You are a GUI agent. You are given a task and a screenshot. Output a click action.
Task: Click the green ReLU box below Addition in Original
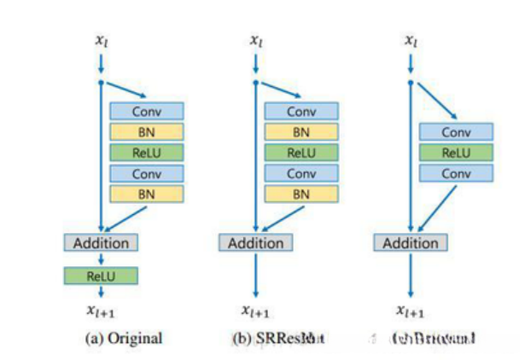click(101, 276)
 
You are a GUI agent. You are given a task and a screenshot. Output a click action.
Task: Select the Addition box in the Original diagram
click(101, 243)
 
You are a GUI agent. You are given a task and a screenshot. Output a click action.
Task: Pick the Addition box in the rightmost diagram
click(411, 243)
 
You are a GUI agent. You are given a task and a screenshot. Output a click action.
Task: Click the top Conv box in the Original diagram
click(146, 111)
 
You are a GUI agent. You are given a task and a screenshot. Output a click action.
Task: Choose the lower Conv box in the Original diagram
click(146, 173)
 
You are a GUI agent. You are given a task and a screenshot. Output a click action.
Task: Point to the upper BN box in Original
click(146, 131)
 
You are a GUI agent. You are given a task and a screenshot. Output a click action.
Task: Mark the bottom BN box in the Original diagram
click(146, 195)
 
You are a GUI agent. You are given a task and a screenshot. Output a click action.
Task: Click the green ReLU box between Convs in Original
click(146, 153)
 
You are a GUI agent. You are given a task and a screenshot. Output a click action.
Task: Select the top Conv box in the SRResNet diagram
click(301, 111)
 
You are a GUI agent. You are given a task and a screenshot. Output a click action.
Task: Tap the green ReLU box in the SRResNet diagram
click(301, 153)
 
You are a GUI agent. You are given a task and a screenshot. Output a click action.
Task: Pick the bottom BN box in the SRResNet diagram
click(301, 195)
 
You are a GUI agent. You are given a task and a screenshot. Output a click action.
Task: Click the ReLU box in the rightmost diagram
click(456, 153)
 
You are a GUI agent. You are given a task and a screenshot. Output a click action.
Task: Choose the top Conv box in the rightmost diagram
click(456, 132)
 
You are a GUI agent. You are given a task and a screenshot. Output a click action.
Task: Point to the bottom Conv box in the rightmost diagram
click(456, 173)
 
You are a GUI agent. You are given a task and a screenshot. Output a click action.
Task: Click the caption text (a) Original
click(124, 339)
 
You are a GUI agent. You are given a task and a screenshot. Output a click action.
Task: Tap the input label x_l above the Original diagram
click(101, 40)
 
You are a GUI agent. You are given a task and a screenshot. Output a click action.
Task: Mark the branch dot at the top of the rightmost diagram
click(411, 82)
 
